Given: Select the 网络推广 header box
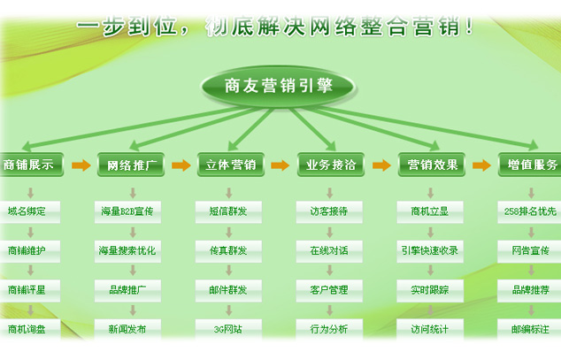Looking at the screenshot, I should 130,165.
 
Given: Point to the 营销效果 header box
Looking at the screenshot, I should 432,165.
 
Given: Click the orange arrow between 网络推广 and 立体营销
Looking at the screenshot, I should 181,165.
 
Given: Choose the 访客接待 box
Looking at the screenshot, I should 329,211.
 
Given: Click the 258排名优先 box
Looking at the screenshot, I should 529,211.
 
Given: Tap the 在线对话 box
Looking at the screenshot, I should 329,250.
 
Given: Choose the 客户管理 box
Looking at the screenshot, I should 329,289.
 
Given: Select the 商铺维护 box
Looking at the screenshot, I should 31,250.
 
